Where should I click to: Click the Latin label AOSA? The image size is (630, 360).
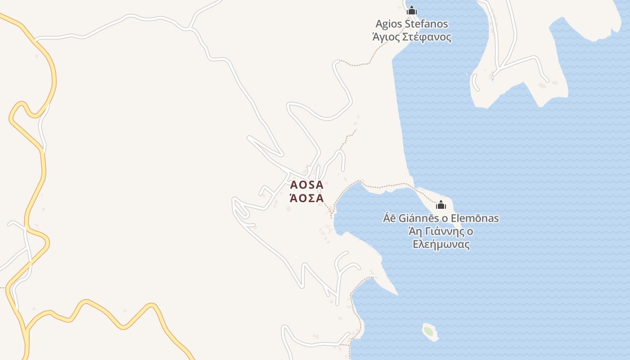pos(306,185)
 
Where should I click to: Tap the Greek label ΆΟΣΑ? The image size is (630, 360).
pos(306,198)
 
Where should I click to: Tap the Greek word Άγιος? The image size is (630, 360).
pos(386,37)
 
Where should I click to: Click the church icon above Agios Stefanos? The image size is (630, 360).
pos(411,10)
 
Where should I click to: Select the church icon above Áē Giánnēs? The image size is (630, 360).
pos(441,205)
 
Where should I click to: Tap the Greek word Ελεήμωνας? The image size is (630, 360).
pos(441,245)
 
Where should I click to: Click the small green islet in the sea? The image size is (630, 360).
pos(429,332)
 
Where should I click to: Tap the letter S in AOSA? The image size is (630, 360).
pos(310,185)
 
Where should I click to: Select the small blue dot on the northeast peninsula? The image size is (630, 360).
pos(492,80)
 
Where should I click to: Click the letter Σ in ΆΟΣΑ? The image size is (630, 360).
pos(310,198)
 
